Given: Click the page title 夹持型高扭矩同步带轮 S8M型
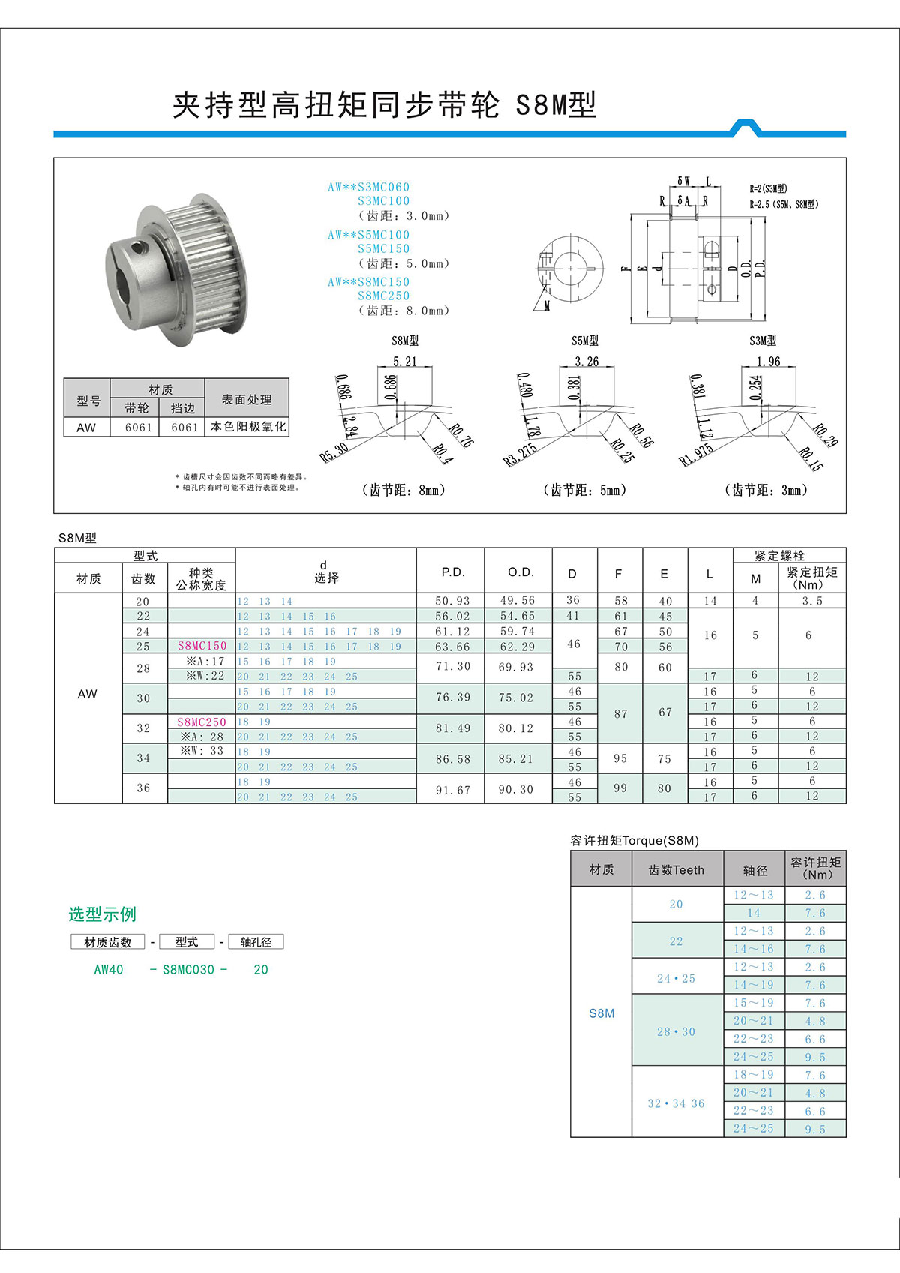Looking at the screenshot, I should pyautogui.click(x=384, y=105).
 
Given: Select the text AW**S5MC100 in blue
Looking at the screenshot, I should pyautogui.click(x=368, y=235).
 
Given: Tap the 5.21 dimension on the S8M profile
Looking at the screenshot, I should pyautogui.click(x=405, y=362).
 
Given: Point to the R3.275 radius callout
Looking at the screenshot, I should pyautogui.click(x=520, y=455).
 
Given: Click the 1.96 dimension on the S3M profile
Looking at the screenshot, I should pyautogui.click(x=768, y=362).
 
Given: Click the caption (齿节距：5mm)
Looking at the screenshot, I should pyautogui.click(x=584, y=490).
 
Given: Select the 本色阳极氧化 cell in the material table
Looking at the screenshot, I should pyautogui.click(x=247, y=427).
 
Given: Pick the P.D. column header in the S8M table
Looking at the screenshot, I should pyautogui.click(x=452, y=572).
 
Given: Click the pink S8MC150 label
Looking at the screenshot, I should pyautogui.click(x=202, y=646).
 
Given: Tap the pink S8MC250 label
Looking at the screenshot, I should pyautogui.click(x=201, y=722).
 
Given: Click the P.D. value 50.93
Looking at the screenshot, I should pyautogui.click(x=452, y=601).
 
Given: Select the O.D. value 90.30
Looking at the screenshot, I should pyautogui.click(x=516, y=790).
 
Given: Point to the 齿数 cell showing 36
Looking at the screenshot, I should pyautogui.click(x=143, y=788).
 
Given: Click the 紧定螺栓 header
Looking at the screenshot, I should pyautogui.click(x=779, y=556).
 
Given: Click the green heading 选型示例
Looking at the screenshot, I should pyautogui.click(x=103, y=914).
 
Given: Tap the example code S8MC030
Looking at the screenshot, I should pyautogui.click(x=188, y=970).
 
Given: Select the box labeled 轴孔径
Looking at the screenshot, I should pyautogui.click(x=256, y=942).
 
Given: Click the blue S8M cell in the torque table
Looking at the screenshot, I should pyautogui.click(x=601, y=1013).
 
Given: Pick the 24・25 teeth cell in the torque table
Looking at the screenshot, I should pyautogui.click(x=676, y=978).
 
